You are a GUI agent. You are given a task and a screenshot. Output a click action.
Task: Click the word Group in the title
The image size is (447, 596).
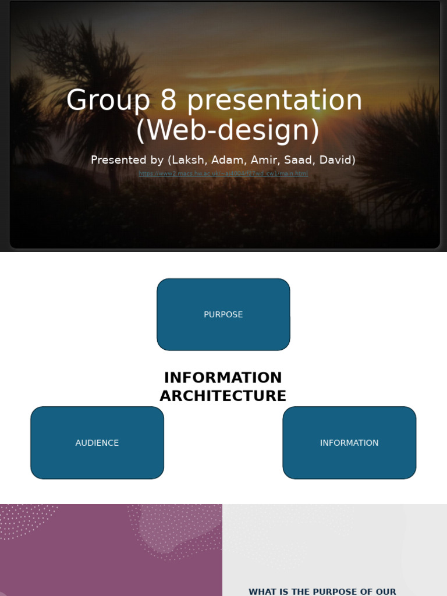coord(108,100)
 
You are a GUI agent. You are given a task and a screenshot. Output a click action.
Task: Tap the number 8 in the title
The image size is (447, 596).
coord(168,100)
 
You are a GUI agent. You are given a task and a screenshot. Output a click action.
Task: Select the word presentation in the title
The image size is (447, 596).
coord(274,100)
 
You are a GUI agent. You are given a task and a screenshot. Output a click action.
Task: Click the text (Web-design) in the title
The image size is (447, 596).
coord(228,130)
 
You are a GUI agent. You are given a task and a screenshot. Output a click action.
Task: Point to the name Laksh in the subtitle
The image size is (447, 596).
coord(188,160)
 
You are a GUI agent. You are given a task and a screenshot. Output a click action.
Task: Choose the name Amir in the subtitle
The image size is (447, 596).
coord(264,160)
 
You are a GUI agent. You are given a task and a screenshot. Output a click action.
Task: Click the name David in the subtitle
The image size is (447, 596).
coord(335,160)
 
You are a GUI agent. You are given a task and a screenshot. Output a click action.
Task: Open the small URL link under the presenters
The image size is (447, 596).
coord(223,173)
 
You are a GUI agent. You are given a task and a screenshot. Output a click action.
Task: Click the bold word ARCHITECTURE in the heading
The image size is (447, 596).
coord(223,396)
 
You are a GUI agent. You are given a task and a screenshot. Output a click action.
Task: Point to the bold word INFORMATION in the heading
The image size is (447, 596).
coord(223,378)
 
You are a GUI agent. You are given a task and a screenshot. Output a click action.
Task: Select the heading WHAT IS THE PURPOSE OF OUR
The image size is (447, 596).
coord(322,591)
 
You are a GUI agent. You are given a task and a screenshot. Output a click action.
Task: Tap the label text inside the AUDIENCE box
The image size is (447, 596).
coord(97,443)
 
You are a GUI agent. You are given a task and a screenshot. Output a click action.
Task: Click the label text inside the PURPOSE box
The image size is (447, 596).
coord(223,315)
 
